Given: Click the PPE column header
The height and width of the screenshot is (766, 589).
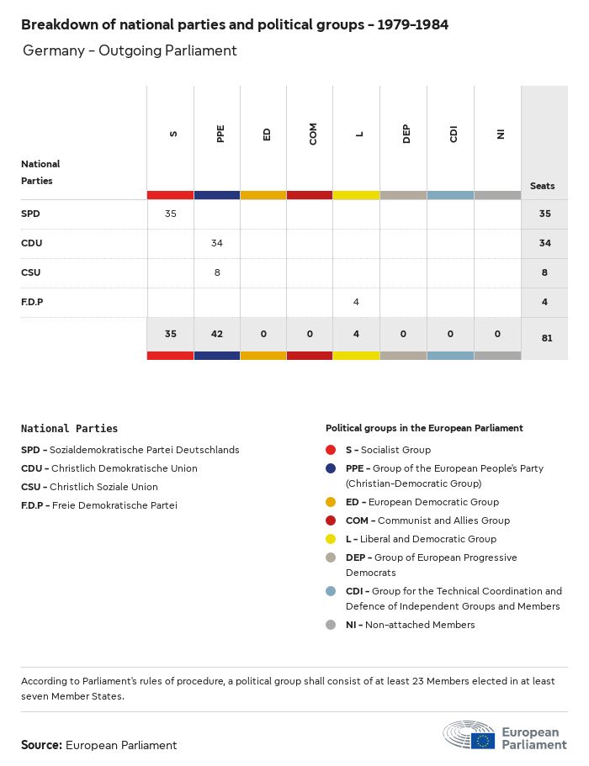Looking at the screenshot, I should point(220,135).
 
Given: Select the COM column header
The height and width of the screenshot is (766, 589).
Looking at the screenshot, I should point(313,135).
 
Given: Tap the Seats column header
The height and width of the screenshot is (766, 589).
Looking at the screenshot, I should point(543,186).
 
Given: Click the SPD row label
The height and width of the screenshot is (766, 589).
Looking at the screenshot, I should point(30,214).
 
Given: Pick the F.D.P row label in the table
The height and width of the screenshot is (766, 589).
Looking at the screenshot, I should point(32,302).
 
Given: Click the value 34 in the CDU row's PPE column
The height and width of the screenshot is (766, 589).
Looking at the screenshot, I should point(217,243).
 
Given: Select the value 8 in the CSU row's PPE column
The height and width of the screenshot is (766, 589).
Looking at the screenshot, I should point(217,272).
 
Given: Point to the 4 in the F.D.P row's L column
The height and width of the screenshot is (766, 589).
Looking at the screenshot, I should point(357,302).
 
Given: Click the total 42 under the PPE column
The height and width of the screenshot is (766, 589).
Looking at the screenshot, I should point(217,334).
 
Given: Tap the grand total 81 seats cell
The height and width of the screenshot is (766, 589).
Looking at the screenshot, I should point(544,338).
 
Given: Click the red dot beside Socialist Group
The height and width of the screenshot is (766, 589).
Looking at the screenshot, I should point(332,450).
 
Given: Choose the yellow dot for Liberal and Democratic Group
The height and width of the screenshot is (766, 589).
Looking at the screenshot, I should point(332,539).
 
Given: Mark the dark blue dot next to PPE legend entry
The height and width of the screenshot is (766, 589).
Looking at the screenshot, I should point(332,468).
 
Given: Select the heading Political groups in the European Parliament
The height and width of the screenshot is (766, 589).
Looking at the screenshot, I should point(424,428).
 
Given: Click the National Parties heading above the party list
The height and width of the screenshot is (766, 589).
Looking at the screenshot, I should point(69,429).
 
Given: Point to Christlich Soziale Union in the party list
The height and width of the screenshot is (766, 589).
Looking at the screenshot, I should point(103,487).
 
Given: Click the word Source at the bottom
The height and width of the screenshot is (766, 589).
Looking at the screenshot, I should point(41,745).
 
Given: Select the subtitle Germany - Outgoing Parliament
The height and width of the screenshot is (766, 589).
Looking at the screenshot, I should point(130,51).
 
